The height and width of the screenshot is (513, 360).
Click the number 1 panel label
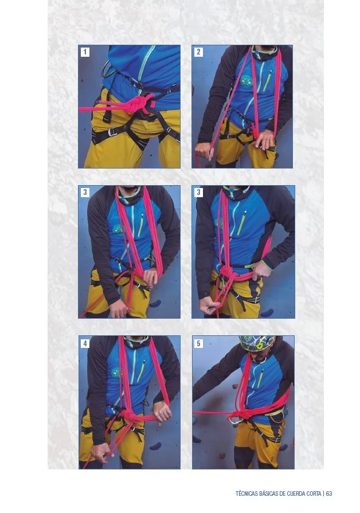[x=85, y=52]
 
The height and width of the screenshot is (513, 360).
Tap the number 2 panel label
[x=198, y=52]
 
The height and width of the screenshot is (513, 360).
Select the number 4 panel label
[x=85, y=343]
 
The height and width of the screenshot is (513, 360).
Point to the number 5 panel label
[x=198, y=343]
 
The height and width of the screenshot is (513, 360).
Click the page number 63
[x=329, y=494]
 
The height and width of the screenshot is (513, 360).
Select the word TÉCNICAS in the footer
[x=246, y=494]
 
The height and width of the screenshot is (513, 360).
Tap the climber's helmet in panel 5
[x=257, y=343]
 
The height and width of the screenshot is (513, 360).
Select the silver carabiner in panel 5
[x=234, y=421]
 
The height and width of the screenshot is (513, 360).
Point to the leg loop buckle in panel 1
[x=112, y=132]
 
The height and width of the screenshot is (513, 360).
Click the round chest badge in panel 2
[x=246, y=81]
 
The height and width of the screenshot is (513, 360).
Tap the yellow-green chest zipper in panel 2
[x=267, y=81]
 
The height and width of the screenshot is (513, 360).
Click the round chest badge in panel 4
[x=115, y=373]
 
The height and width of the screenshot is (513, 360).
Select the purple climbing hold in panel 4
[x=155, y=446]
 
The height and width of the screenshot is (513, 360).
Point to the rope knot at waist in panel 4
[x=128, y=416]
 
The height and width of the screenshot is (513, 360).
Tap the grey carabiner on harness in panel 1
[x=107, y=69]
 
